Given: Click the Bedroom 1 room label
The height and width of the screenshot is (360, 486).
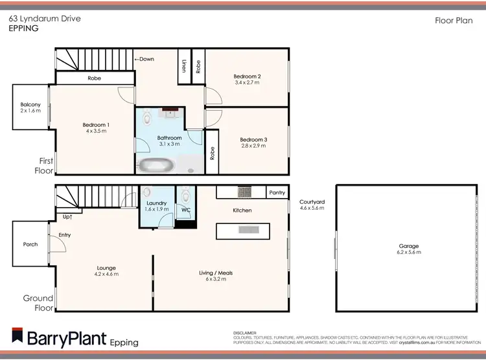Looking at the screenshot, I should coord(95,125).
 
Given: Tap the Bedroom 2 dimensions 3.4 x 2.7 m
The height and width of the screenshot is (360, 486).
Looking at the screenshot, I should coord(246,83).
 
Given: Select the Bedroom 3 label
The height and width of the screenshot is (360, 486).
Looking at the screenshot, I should coord(253,139).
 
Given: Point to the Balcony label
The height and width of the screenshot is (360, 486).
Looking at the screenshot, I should coord(30,104).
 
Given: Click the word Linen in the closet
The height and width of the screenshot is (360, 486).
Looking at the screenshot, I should coord(185,66).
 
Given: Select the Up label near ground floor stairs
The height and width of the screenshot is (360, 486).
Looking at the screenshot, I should coord(67,217).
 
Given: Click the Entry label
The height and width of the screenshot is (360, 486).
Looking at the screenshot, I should coord(65,234).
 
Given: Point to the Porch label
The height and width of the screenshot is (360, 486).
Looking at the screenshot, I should coord(30,245).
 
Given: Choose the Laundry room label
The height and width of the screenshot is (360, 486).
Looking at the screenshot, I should coord(156,203).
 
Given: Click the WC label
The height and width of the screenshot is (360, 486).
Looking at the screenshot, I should coord(185,210).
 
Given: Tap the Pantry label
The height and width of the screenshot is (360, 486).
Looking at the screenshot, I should coord(277,192).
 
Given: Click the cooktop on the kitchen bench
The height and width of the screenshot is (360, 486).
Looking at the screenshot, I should coord(245,192).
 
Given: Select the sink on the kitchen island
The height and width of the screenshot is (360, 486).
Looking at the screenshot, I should coord(248,229).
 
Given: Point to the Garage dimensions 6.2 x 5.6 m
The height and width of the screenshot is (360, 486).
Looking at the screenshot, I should coord(409,253).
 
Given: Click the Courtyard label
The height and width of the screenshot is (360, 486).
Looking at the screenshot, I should coord(312,202).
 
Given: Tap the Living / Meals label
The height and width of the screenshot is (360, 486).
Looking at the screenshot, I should coord(216,273).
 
